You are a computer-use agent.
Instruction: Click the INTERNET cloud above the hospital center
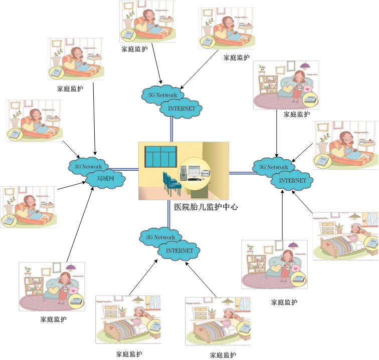pos(181,107)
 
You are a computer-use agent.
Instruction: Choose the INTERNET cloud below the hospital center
pos(179,250)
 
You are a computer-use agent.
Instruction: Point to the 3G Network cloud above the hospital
pos(162,94)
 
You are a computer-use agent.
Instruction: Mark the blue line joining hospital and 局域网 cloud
pos(128,170)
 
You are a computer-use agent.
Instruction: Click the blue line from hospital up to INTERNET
pos(171,130)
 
